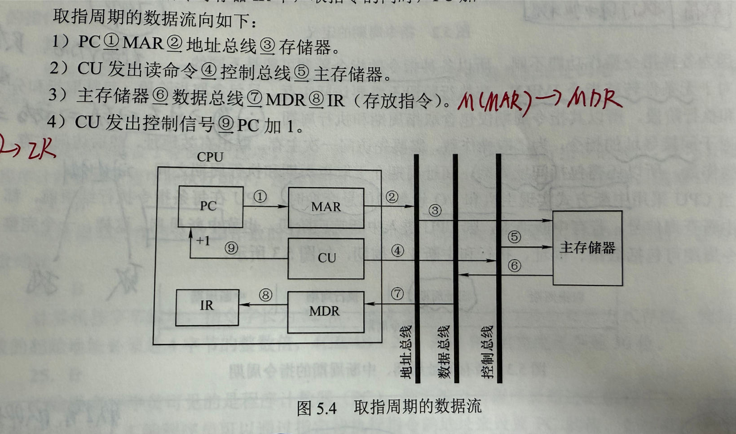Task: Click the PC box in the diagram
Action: tap(210, 207)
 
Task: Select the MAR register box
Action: tap(326, 207)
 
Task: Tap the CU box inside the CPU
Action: tap(326, 258)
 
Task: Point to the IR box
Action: tap(207, 306)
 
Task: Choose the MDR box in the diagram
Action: tap(325, 311)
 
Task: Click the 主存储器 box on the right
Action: tap(587, 248)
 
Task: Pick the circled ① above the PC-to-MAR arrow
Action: tap(260, 196)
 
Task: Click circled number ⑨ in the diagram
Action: tap(231, 248)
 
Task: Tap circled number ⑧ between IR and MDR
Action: tap(265, 295)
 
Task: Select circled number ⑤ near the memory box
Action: tap(514, 237)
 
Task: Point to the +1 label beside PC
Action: tap(203, 241)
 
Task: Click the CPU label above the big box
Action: tap(210, 157)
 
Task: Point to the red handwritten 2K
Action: tap(41, 150)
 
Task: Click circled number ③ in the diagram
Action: tap(435, 210)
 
